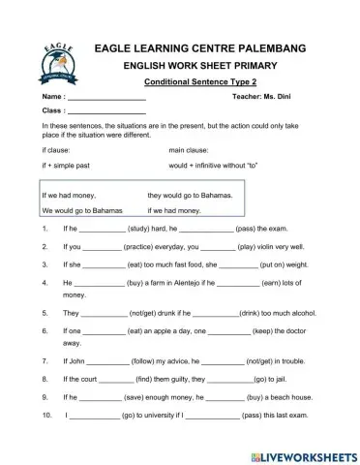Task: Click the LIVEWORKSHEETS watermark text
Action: coord(306,453)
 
